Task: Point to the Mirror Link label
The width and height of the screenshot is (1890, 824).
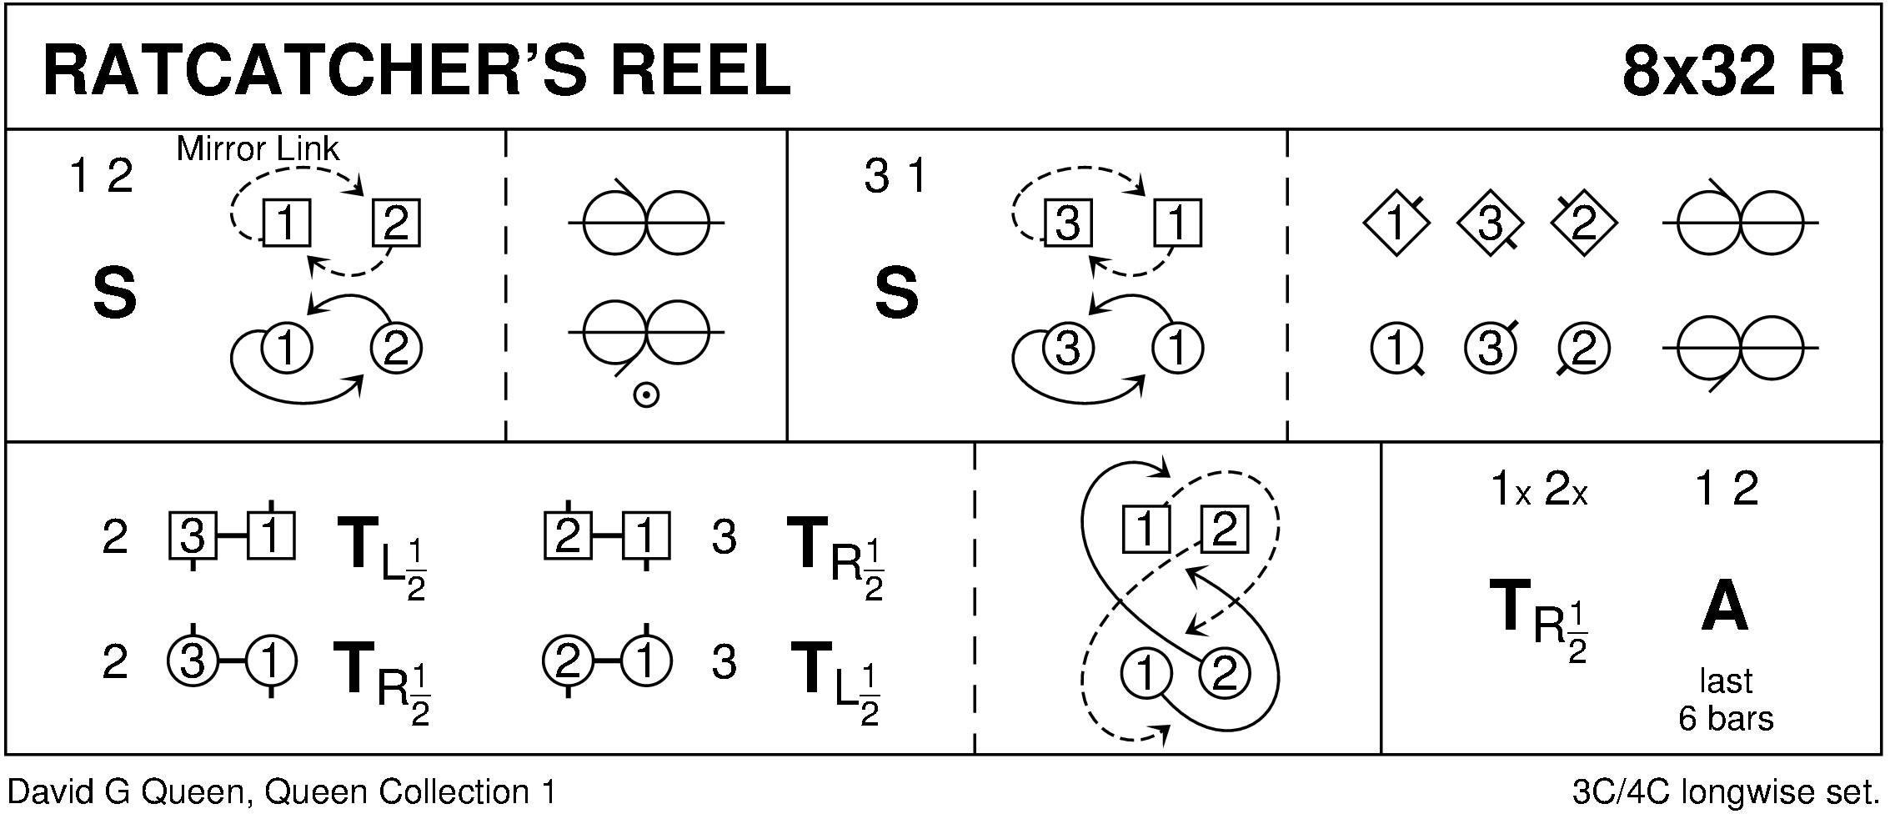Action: (x=258, y=150)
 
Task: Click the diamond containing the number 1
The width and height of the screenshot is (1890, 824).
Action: (x=1396, y=223)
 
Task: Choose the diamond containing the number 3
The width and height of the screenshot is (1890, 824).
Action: (x=1489, y=223)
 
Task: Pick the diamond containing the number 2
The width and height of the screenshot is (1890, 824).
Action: (x=1583, y=223)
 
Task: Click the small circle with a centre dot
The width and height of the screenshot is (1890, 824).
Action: (x=646, y=395)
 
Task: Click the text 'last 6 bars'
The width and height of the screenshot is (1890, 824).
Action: (x=1725, y=700)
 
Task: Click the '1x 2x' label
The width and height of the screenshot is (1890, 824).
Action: (x=1538, y=491)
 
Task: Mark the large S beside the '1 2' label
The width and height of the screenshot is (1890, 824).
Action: (x=114, y=294)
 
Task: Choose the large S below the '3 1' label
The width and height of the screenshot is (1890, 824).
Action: (x=896, y=294)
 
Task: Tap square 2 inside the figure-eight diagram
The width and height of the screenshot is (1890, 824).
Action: (x=1224, y=530)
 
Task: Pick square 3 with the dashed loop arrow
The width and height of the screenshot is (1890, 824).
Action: (x=1068, y=224)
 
